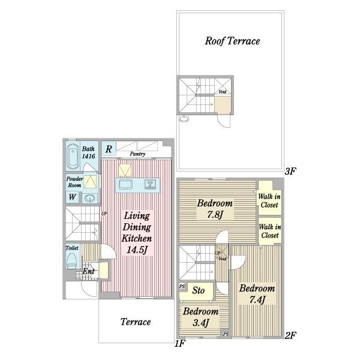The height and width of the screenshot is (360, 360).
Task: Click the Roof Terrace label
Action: pyautogui.click(x=232, y=41)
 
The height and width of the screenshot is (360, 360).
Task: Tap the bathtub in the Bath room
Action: pyautogui.click(x=73, y=157)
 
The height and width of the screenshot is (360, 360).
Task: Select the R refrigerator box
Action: pyautogui.click(x=109, y=149)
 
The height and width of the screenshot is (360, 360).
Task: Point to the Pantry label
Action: pyautogui.click(x=137, y=154)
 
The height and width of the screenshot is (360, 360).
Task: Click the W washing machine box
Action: pyautogui.click(x=73, y=197)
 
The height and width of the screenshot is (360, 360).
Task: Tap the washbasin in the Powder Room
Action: pyautogui.click(x=89, y=198)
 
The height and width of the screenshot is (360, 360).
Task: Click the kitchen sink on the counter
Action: pyautogui.click(x=125, y=185)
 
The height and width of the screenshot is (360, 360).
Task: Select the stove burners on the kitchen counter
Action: pyautogui.click(x=150, y=184)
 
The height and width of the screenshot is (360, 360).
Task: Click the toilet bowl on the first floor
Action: pyautogui.click(x=71, y=261)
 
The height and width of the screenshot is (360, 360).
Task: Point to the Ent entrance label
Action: pyautogui.click(x=88, y=271)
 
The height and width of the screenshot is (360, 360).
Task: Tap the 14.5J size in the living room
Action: pyautogui.click(x=137, y=250)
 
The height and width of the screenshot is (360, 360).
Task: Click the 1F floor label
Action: pyautogui.click(x=180, y=343)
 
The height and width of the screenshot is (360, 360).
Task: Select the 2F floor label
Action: pyautogui.click(x=290, y=335)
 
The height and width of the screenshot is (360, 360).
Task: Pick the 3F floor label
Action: pyautogui.click(x=290, y=171)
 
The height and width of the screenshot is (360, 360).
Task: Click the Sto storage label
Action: pyautogui.click(x=199, y=290)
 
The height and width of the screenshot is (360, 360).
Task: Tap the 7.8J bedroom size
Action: pyautogui.click(x=215, y=215)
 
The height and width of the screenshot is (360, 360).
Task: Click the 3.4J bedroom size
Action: pyautogui.click(x=200, y=323)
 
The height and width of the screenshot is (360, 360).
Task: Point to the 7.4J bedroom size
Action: pyautogui.click(x=257, y=299)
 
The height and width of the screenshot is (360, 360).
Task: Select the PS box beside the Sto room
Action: pyautogui.click(x=182, y=286)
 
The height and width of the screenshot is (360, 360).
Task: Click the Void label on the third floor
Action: pyautogui.click(x=222, y=92)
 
